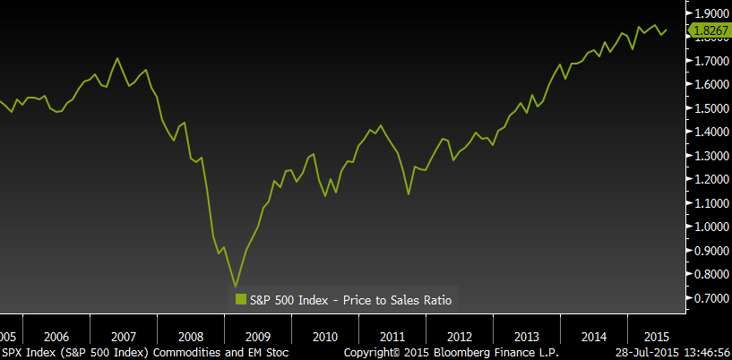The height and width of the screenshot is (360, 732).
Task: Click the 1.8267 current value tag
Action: pyautogui.click(x=709, y=30)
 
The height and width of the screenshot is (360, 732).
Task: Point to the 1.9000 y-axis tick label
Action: pyautogui.click(x=711, y=13)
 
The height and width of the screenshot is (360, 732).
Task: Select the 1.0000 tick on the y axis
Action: pyautogui.click(x=711, y=227)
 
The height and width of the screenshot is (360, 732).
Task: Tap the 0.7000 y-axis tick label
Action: pyautogui.click(x=711, y=298)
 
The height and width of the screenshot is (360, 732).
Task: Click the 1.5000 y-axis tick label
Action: pyautogui.click(x=711, y=108)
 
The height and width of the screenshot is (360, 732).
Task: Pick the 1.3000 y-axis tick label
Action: pyautogui.click(x=711, y=156)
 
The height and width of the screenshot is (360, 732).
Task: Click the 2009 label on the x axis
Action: pyautogui.click(x=258, y=337)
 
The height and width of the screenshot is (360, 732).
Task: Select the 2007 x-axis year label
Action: pyautogui.click(x=124, y=337)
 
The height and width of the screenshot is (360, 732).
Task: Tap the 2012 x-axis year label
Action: pyautogui.click(x=460, y=337)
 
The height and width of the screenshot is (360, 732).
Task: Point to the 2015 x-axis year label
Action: pyautogui.click(x=657, y=337)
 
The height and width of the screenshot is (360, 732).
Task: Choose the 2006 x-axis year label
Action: pyautogui.click(x=56, y=337)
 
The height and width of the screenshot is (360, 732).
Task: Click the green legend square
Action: pyautogui.click(x=241, y=299)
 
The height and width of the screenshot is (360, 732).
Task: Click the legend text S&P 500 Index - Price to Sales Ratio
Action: pyautogui.click(x=350, y=300)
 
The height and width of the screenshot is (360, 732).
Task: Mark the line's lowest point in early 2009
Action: pyautogui.click(x=236, y=287)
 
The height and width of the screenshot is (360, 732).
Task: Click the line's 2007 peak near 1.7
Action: pyautogui.click(x=117, y=58)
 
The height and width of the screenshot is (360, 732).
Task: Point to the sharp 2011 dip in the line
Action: pyautogui.click(x=409, y=194)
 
